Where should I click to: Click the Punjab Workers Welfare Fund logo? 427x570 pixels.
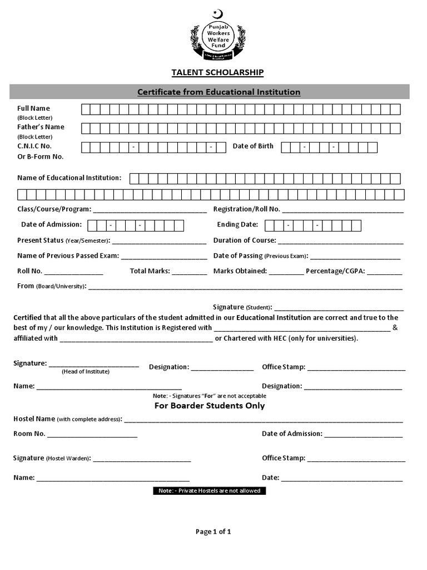218,36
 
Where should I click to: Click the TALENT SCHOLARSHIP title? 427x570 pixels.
217,72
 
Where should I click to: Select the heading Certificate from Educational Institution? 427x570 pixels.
219,92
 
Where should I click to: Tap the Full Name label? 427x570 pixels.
33,108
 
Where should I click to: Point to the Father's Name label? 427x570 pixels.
41,127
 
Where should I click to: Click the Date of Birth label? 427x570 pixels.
253,146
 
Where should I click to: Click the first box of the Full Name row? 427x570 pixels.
86,109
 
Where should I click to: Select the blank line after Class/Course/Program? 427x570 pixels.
150,211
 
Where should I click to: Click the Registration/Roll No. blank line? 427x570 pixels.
342,211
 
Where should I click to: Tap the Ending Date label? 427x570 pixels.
237,224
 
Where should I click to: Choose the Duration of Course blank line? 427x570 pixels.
340,242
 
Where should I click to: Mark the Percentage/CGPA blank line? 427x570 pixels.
384,273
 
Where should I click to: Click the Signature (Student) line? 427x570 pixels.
339,308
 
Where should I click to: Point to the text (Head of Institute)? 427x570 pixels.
86,371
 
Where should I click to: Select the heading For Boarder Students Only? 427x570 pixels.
210,406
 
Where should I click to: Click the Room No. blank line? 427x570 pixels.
92,435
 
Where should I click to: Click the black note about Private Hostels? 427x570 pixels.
210,491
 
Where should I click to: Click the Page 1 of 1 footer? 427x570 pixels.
213,532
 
